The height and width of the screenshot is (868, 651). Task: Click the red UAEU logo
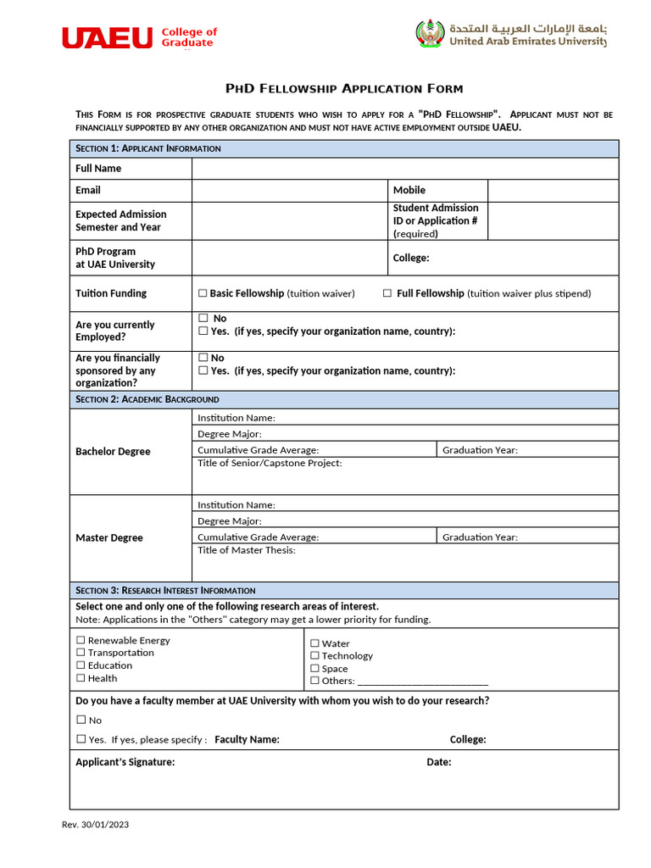pos(107,37)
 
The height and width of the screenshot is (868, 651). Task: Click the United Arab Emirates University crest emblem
pos(430,34)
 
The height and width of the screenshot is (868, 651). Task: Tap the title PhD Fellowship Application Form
pos(343,88)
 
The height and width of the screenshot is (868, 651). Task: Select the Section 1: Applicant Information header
pos(148,148)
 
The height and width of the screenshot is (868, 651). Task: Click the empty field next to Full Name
pos(404,169)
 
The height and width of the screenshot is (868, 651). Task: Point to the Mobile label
pos(409,190)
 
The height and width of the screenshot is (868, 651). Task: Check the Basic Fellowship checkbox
pos(203,293)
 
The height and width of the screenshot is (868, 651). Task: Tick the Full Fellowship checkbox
pos(387,293)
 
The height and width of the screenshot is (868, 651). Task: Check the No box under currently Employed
pos(203,318)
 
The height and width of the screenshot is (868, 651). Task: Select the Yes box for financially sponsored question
pos(203,370)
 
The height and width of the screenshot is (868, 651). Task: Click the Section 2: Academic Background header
pos(147,399)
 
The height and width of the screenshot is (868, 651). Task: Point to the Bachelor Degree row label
pos(113,452)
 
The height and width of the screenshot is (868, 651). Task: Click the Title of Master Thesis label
pos(247,550)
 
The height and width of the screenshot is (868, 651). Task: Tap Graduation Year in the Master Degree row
pos(480,537)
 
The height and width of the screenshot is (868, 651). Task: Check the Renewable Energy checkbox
pos(81,641)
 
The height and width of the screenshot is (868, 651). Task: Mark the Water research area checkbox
pos(314,643)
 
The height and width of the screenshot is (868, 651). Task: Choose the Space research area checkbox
pos(314,669)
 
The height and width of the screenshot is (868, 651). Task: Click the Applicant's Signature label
pos(125,762)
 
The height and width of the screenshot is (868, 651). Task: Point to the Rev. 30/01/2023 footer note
pos(95,824)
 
